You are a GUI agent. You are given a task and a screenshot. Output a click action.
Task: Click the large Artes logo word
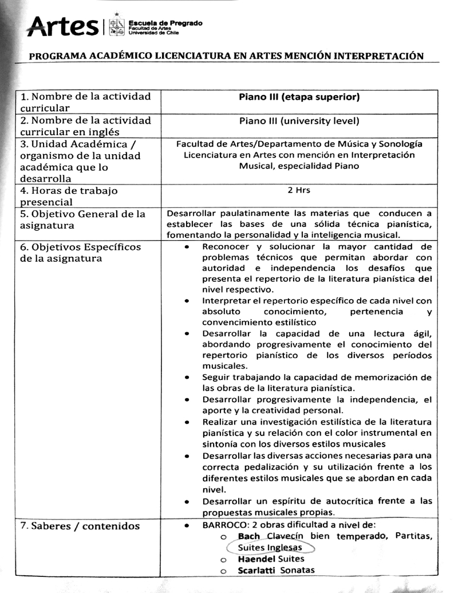tap(62, 26)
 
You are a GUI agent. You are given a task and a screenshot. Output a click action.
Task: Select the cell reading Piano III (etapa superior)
tap(299, 97)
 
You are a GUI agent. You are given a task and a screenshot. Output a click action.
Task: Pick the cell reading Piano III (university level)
tap(299, 120)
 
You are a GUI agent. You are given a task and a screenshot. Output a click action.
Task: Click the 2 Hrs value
tap(299, 191)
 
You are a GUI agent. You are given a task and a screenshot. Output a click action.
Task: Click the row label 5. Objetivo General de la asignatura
tap(83, 219)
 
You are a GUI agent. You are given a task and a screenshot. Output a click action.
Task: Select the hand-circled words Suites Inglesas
tap(270, 547)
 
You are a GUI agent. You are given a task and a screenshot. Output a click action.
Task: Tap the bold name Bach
tap(249, 536)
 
